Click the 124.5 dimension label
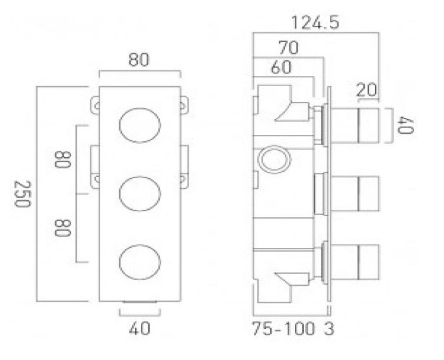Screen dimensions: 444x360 (x=315, y=23)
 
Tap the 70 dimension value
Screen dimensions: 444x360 (x=289, y=48)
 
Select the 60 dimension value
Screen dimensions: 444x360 (x=281, y=67)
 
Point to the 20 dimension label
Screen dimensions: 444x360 (x=367, y=90)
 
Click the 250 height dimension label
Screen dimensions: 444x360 (x=22, y=194)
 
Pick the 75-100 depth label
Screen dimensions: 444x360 (x=284, y=328)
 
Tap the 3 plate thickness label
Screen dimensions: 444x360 (x=329, y=328)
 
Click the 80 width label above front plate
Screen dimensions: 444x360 (x=138, y=60)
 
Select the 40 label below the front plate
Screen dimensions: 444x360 (x=140, y=328)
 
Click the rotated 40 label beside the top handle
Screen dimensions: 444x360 (x=405, y=125)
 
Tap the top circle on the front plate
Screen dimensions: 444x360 (x=140, y=125)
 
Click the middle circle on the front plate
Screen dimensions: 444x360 (x=140, y=193)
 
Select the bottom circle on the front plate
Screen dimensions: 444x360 (x=140, y=262)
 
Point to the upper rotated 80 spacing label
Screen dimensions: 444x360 (x=62, y=160)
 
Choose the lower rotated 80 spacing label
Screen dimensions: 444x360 (x=62, y=228)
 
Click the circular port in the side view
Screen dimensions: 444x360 (x=275, y=160)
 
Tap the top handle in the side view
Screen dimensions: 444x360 (x=355, y=125)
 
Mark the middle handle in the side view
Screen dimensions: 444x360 (x=355, y=193)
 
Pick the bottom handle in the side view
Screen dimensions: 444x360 (x=355, y=262)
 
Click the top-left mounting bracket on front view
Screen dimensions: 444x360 (x=95, y=106)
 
